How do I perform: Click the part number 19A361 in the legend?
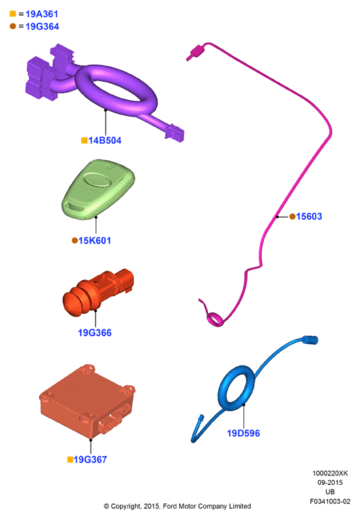pyautogui.click(x=42, y=14)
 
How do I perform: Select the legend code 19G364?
pyautogui.click(x=42, y=27)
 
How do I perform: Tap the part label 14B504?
pyautogui.click(x=104, y=140)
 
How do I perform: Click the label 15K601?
pyautogui.click(x=95, y=241)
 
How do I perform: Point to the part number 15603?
pyautogui.click(x=309, y=217)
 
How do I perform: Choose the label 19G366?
pyautogui.click(x=95, y=333)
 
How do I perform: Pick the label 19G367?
pyautogui.click(x=90, y=460)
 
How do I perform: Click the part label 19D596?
pyautogui.click(x=243, y=433)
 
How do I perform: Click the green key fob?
pyautogui.click(x=98, y=190)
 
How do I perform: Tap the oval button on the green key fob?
pyautogui.click(x=96, y=179)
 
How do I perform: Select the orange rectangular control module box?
pyautogui.click(x=87, y=401)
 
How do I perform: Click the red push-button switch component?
pyautogui.click(x=98, y=291)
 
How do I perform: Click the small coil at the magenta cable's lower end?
pyautogui.click(x=215, y=319)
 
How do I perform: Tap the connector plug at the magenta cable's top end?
pyautogui.click(x=196, y=53)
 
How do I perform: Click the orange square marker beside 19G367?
pyautogui.click(x=70, y=460)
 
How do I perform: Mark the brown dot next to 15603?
pyautogui.click(x=292, y=217)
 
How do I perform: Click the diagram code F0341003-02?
pyautogui.click(x=330, y=501)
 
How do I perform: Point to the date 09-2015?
pyautogui.click(x=330, y=482)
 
